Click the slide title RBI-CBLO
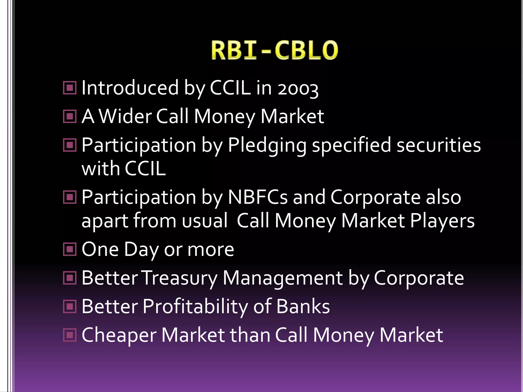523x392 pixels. [275, 50]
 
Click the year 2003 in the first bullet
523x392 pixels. [298, 89]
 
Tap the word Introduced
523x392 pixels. [130, 88]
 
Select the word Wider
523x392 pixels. [125, 116]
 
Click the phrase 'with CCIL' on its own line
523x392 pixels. [124, 169]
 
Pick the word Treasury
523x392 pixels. [180, 278]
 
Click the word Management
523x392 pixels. [282, 278]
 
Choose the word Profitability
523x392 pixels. [195, 307]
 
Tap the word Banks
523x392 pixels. [303, 307]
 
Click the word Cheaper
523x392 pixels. [119, 335]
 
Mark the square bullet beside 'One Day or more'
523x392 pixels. [69, 249]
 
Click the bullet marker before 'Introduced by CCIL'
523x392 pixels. [69, 88]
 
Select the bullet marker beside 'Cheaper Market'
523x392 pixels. [69, 335]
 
